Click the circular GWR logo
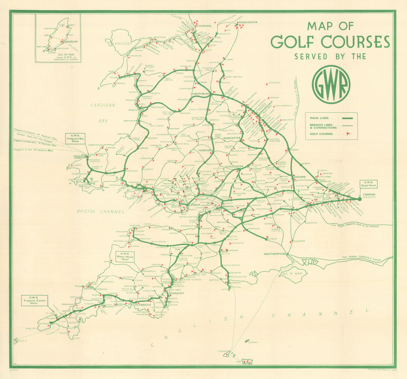[330, 85]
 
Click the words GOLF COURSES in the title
[330, 42]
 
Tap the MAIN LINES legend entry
[319, 118]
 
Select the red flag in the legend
[348, 134]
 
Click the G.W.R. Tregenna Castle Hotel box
[35, 301]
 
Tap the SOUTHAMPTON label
[276, 254]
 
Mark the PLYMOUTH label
[143, 305]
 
